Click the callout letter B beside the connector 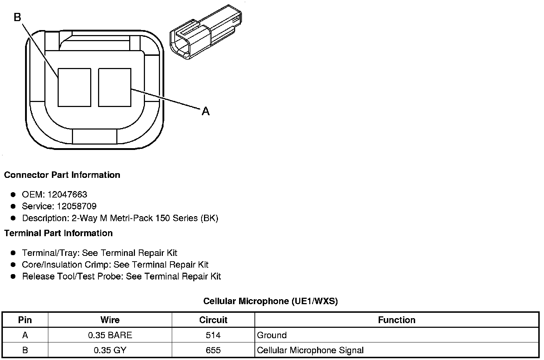18,17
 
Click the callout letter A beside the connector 205,112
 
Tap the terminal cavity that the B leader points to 74,87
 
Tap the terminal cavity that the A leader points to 115,87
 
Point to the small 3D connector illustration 205,31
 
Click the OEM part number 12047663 67,194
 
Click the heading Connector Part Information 62,175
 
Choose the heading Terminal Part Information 58,233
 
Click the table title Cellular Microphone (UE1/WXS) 270,301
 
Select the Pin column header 25,320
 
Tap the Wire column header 110,320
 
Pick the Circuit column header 213,320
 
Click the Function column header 397,320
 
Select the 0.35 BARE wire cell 110,335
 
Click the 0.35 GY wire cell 110,350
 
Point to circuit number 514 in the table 213,335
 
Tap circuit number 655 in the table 213,350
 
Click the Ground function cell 272,335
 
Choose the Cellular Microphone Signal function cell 310,350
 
